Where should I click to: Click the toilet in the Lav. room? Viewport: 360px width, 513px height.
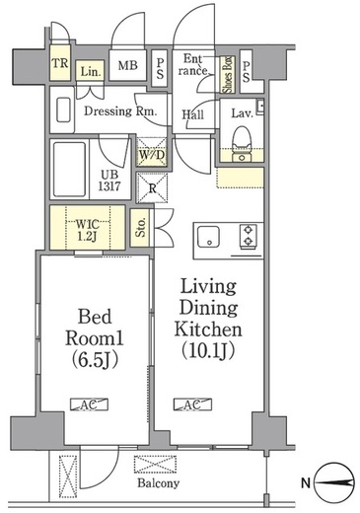click(x=242, y=144)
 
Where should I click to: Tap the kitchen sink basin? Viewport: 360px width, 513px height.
click(x=208, y=237)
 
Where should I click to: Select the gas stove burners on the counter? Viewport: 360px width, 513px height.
click(x=249, y=236)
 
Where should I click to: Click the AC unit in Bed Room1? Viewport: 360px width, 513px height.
click(x=89, y=404)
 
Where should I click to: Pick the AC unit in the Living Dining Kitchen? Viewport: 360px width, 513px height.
click(x=192, y=404)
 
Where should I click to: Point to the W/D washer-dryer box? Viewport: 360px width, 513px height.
click(x=152, y=152)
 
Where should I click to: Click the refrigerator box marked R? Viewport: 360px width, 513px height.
click(x=152, y=187)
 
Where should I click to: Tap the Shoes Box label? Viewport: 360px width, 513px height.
click(x=227, y=75)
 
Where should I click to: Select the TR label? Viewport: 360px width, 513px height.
click(x=60, y=63)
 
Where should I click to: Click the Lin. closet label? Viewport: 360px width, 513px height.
click(x=91, y=71)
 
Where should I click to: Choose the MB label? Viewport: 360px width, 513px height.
click(x=127, y=65)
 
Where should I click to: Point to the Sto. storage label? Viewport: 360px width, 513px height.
click(x=141, y=228)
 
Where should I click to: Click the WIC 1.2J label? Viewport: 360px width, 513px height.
click(x=87, y=230)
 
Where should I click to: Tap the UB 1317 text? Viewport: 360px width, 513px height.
click(x=109, y=181)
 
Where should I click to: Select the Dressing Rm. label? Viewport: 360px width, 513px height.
click(x=120, y=111)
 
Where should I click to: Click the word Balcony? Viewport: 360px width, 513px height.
click(x=159, y=483)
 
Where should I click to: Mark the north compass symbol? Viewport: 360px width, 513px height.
click(x=334, y=482)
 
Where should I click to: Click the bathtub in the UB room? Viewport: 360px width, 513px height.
click(x=70, y=170)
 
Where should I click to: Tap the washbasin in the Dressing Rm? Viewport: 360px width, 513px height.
click(x=63, y=110)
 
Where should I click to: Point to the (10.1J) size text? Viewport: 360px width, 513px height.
click(x=208, y=350)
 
